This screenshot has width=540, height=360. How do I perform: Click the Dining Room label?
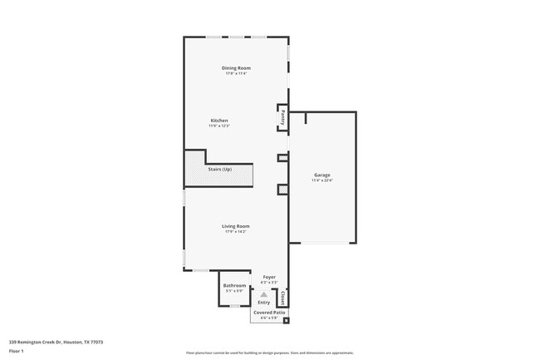pos(236,68)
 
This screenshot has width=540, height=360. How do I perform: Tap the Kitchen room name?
pos(218,121)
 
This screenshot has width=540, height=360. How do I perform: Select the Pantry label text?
pos(283,117)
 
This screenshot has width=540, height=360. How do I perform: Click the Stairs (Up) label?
pos(220,170)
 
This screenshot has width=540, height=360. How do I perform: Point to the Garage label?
pos(322,175)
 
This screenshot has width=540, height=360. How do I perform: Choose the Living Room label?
pos(236,226)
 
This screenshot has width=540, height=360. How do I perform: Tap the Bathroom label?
pos(234,286)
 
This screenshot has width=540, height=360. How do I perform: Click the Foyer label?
pos(269,277)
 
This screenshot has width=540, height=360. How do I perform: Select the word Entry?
pos(263,303)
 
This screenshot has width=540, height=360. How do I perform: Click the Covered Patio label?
pos(269,313)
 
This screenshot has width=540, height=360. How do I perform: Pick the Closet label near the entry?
pos(282,297)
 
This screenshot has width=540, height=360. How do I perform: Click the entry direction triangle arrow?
pos(264,294)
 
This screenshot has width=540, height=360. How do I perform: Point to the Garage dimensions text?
pos(322,180)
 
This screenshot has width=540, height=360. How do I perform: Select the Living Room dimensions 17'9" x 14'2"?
pos(236,231)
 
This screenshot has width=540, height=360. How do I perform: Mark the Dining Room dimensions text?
pos(236,73)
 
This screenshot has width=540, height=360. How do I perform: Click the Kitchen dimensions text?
pos(218,126)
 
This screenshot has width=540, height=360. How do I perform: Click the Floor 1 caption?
pos(17,351)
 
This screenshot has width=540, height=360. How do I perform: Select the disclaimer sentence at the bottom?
pos(269,353)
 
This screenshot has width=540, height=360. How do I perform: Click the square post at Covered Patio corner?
pos(286,320)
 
